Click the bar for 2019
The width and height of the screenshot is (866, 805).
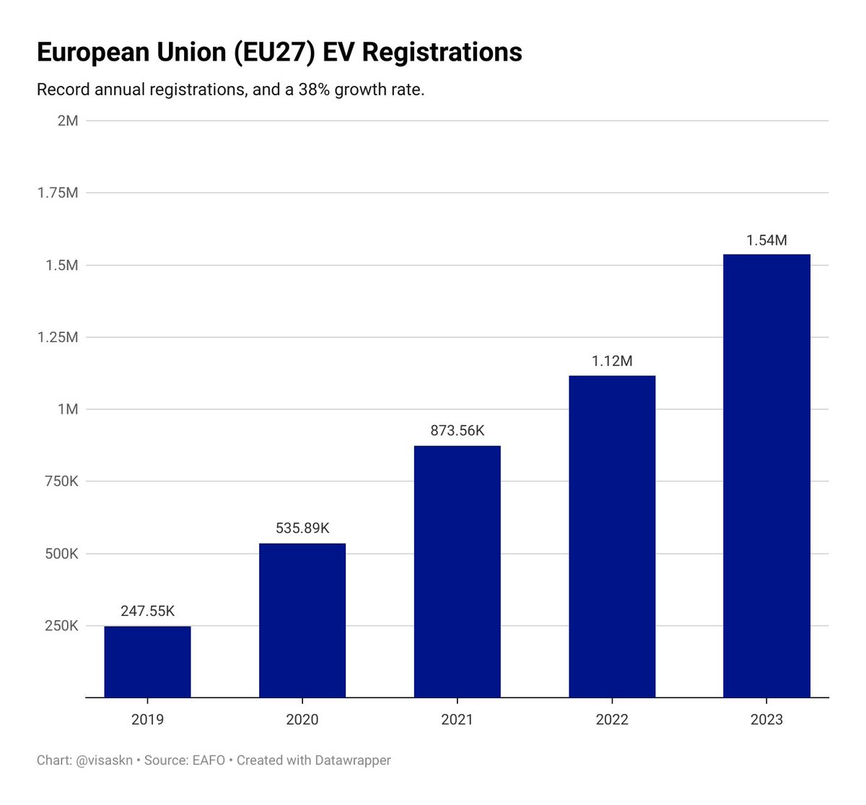147,661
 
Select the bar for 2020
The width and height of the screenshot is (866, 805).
302,620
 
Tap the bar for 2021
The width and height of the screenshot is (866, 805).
457,571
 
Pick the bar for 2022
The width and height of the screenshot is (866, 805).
612,536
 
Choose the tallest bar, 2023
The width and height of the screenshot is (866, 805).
766,476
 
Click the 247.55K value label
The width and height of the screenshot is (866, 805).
147,612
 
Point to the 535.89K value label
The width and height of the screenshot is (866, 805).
302,528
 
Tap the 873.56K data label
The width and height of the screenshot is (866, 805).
457,431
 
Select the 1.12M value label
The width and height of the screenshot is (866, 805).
612,361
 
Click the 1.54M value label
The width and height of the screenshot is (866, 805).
766,240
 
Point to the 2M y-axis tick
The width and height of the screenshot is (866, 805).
68,121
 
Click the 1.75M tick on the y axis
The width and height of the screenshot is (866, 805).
58,193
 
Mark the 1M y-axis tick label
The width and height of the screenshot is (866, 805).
68,409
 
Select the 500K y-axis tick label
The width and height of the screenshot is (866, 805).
61,554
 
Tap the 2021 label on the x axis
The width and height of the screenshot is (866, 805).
457,720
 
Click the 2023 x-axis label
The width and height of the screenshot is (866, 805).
766,720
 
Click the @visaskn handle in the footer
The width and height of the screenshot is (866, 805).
104,760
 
